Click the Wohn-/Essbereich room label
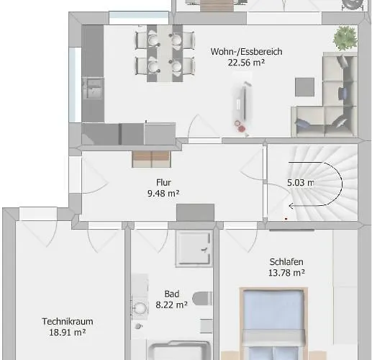click(246, 52)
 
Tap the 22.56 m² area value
click(246, 63)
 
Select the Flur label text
click(163, 182)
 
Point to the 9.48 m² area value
click(163, 193)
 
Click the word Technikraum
click(68, 321)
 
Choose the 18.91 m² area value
click(68, 333)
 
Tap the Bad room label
click(172, 294)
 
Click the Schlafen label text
click(286, 261)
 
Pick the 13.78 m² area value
click(286, 273)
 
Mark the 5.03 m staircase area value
click(301, 183)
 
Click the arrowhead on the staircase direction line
click(291, 206)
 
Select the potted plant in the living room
click(345, 38)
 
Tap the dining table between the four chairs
click(165, 53)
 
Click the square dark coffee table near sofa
click(304, 87)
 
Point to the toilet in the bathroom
click(202, 298)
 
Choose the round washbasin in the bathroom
click(140, 308)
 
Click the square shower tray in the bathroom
click(194, 248)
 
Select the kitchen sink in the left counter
click(93, 89)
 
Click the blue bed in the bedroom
click(274, 324)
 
